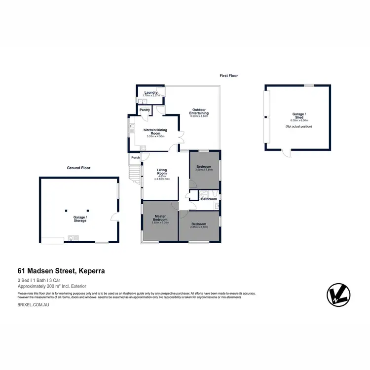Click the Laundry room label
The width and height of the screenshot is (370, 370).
point(150,93)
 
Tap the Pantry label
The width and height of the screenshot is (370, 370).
point(145,110)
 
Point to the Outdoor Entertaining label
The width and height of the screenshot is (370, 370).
point(199,111)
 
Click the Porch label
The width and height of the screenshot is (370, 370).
point(135,158)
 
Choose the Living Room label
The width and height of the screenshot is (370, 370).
point(162,172)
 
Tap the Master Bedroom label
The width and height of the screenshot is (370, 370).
point(160,218)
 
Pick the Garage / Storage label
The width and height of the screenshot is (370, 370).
point(80,219)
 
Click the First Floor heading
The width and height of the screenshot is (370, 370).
point(229,75)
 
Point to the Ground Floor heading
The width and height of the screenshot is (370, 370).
point(78,168)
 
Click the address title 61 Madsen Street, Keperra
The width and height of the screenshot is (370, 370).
point(61,271)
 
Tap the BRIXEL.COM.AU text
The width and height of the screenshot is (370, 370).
point(34,306)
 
